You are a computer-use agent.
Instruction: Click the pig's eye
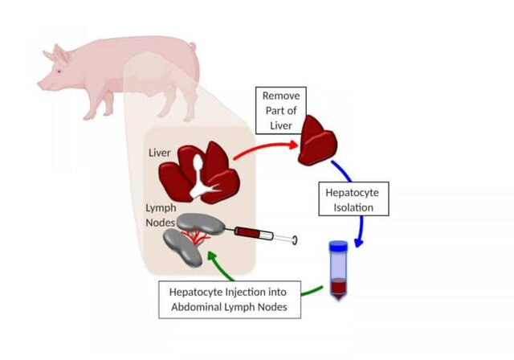(x=59, y=69)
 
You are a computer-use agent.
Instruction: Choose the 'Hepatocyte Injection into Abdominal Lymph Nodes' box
(x=230, y=298)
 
